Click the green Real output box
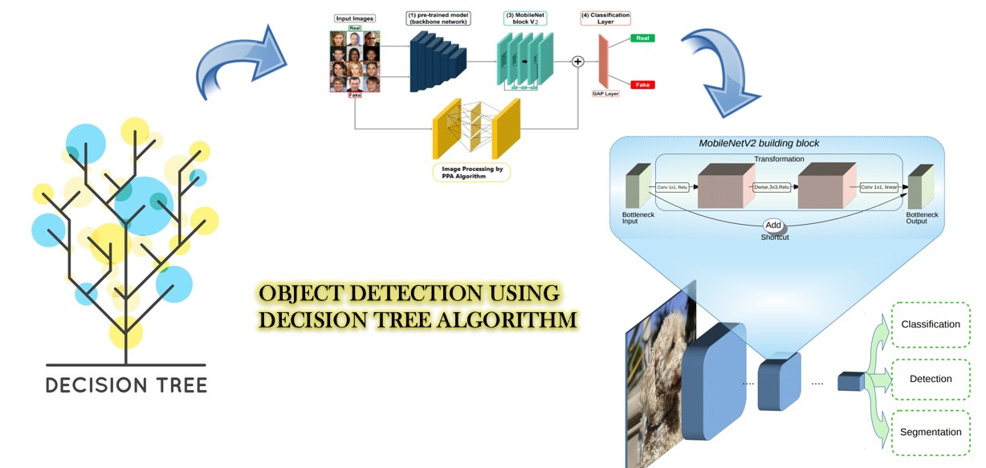pyautogui.click(x=642, y=39)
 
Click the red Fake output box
pyautogui.click(x=642, y=84)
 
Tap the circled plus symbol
pyautogui.click(x=577, y=61)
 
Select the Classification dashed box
pyautogui.click(x=931, y=324)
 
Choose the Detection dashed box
pyautogui.click(x=931, y=378)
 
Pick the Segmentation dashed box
pyautogui.click(x=931, y=432)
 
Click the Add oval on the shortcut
pyautogui.click(x=774, y=226)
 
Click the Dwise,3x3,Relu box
pyautogui.click(x=773, y=187)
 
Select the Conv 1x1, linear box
pyautogui.click(x=878, y=187)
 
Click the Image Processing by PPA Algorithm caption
pyautogui.click(x=471, y=171)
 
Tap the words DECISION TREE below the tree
pyautogui.click(x=126, y=385)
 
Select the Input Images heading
pyautogui.click(x=354, y=18)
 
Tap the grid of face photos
pyautogui.click(x=354, y=61)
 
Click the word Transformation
pyautogui.click(x=779, y=159)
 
